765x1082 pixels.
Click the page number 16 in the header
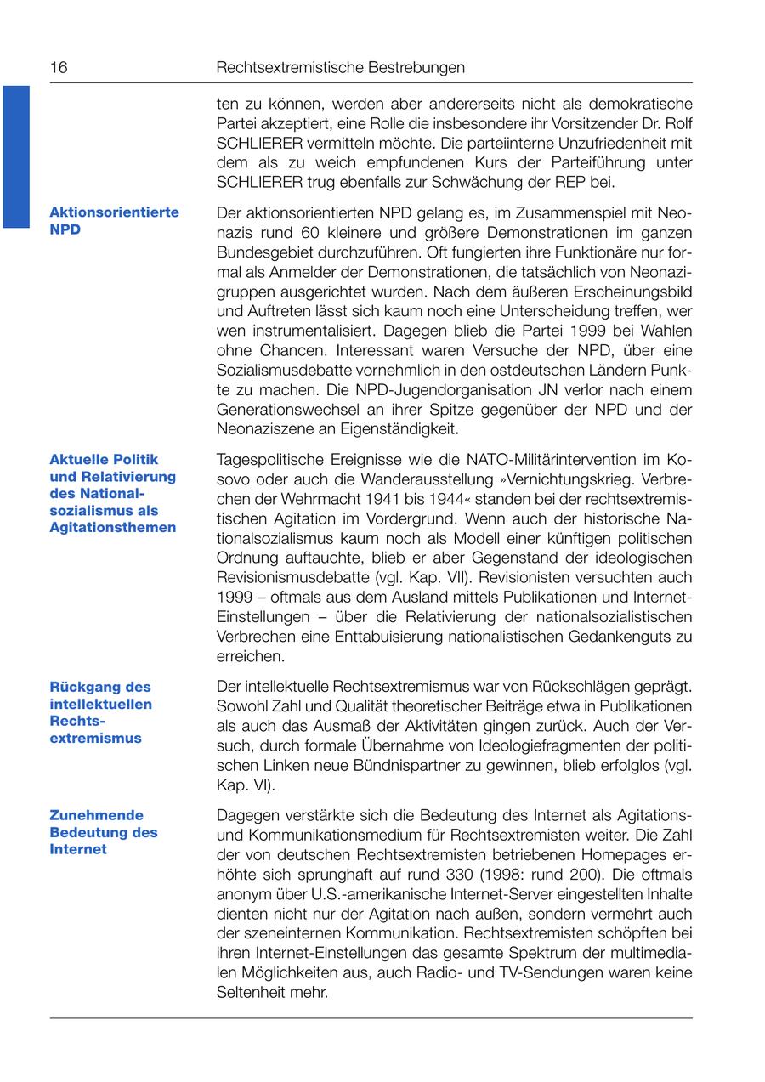click(59, 67)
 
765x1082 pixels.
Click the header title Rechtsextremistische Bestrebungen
click(341, 67)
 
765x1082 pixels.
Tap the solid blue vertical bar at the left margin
click(15, 156)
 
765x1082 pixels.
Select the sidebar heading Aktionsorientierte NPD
click(114, 220)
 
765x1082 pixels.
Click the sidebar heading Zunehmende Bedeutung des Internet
click(103, 832)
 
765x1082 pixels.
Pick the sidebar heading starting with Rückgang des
click(100, 712)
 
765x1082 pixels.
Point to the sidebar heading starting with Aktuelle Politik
click(112, 493)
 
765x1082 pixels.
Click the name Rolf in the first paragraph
click(677, 123)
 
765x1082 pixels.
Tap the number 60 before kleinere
click(311, 232)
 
